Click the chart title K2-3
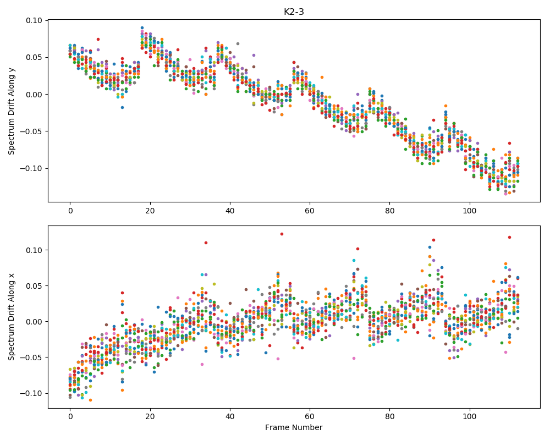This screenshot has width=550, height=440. pos(294,12)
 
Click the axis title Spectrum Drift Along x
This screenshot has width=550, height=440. pos(12,317)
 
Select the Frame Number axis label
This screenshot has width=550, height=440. pos(294,427)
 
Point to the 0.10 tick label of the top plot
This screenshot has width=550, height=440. pos(34,20)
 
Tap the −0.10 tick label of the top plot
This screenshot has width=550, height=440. pos(31,168)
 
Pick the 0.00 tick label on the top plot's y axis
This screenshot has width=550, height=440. pos(34,95)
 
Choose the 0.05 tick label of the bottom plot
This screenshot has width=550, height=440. pos(34,286)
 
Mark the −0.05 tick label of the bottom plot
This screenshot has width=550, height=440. pos(31,358)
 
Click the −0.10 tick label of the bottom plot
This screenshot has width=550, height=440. pos(31,393)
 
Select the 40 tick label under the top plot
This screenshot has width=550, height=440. pos(230,211)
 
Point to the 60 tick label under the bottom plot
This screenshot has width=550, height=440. pos(310,416)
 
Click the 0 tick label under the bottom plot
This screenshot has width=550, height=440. pos(70,416)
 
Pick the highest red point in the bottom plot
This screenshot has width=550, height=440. pos(282,234)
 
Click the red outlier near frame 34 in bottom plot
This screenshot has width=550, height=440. pos(206,243)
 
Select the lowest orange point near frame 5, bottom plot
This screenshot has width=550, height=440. pos(90,400)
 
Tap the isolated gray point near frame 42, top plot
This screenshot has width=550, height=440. pos(238,44)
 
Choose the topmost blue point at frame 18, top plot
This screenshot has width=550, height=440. pos(142,28)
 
